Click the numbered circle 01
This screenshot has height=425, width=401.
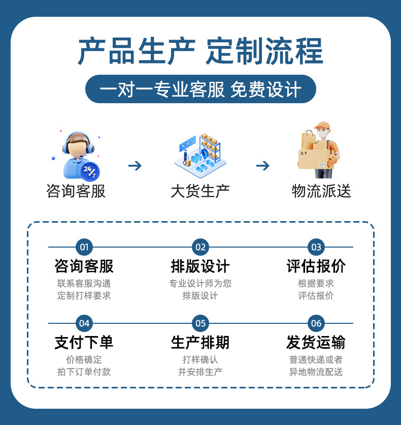[x=84, y=248]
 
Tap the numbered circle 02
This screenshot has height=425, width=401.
[x=201, y=248]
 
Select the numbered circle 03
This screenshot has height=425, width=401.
[x=316, y=248]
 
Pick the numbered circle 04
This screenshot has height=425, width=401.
[x=84, y=323]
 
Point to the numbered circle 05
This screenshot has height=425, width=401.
[x=201, y=323]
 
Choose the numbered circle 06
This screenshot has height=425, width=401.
[x=316, y=323]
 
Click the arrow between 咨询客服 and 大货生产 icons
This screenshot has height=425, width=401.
[x=135, y=166]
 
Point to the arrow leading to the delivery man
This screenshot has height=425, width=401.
[x=262, y=166]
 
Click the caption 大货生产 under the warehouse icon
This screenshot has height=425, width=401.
[x=200, y=191]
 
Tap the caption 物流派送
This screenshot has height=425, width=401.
[x=321, y=191]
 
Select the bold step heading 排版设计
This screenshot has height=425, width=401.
[x=201, y=266]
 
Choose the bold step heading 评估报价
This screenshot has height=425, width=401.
[x=316, y=266]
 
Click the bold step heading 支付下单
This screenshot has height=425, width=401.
[x=84, y=342]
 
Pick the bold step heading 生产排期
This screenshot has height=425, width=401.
[x=201, y=342]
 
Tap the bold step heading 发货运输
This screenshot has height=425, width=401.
[x=316, y=342]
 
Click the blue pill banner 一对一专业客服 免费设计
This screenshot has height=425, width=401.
[x=201, y=89]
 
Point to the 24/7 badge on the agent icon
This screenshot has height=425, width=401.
[x=90, y=171]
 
